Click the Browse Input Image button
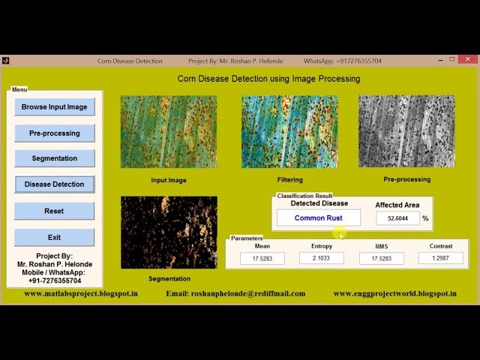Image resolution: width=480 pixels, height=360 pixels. click(x=54, y=107)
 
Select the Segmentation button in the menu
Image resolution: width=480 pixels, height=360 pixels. click(x=54, y=158)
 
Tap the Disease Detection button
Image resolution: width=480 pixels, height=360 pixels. click(x=54, y=184)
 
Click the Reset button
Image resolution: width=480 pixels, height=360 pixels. click(x=54, y=211)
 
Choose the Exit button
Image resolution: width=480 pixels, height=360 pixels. click(x=54, y=237)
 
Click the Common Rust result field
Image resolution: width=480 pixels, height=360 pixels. click(x=318, y=218)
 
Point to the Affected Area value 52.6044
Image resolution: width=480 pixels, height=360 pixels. click(x=397, y=218)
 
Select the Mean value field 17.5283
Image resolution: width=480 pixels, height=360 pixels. click(x=262, y=258)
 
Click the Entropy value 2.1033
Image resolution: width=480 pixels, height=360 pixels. click(x=321, y=258)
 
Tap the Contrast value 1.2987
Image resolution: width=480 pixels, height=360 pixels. click(x=440, y=258)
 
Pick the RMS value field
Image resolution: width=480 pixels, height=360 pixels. click(x=381, y=258)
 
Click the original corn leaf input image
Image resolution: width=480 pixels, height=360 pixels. click(x=169, y=132)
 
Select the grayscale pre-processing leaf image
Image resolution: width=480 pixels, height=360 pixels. click(x=406, y=131)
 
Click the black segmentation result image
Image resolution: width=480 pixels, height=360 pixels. click(x=169, y=233)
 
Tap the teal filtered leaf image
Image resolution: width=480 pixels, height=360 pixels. click(x=289, y=132)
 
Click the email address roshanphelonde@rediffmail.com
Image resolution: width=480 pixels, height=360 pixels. click(x=235, y=293)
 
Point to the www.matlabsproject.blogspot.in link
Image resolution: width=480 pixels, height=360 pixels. click(x=80, y=293)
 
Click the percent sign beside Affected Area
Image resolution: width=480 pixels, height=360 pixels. click(x=425, y=218)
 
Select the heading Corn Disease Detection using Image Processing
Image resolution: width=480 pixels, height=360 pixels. click(x=268, y=79)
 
